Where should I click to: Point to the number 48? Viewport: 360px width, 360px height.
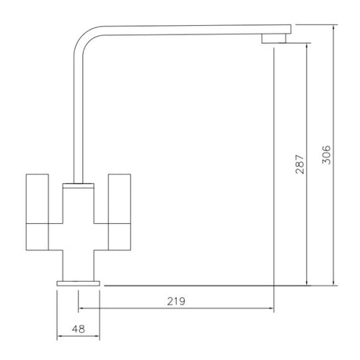pyautogui.click(x=78, y=329)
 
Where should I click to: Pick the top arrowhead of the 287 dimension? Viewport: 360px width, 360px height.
pyautogui.click(x=307, y=45)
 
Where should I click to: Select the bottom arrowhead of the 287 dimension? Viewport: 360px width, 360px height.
pyautogui.click(x=307, y=283)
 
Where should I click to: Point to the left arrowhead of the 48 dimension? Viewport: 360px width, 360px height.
pyautogui.click(x=60, y=337)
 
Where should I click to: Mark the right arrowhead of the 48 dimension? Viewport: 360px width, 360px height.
pyautogui.click(x=99, y=337)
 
